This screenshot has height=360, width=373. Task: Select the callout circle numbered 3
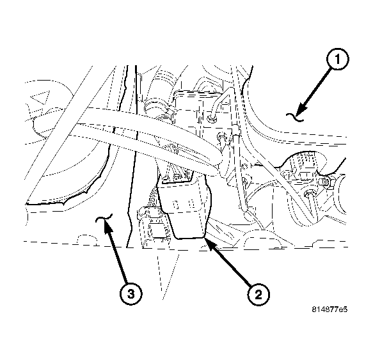point(130,294)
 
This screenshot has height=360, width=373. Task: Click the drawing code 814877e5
point(329,309)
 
